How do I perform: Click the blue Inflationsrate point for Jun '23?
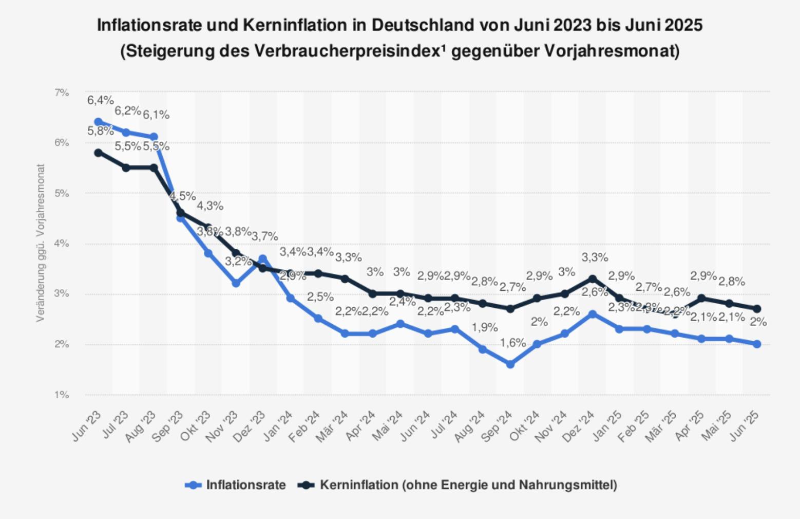[98, 122]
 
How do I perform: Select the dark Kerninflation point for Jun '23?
[98, 153]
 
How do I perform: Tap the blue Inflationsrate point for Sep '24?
[510, 364]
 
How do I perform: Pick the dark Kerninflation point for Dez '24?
[593, 279]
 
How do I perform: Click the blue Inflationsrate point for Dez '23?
[263, 258]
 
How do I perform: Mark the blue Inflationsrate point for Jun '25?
[757, 344]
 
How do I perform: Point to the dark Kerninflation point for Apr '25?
[702, 298]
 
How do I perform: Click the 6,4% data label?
[100, 101]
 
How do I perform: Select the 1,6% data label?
[512, 343]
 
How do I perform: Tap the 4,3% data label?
[210, 206]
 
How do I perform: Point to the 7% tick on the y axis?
[62, 92]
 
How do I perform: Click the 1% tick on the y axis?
[62, 395]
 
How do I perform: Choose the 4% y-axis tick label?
[62, 244]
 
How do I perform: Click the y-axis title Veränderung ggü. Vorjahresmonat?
[41, 243]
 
